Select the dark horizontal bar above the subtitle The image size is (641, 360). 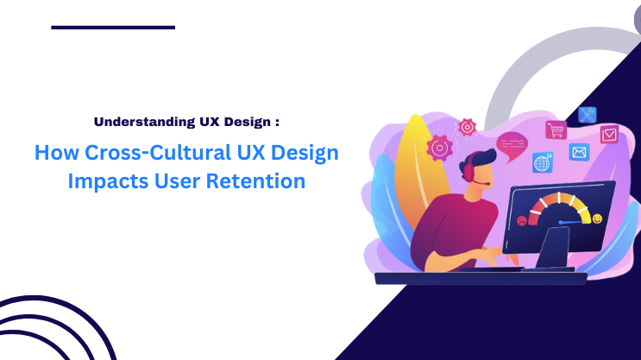tap(113, 28)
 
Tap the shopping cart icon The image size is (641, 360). tap(555, 130)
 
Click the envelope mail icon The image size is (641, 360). tap(579, 153)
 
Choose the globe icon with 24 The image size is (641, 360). tap(543, 161)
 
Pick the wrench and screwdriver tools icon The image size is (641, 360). tap(587, 114)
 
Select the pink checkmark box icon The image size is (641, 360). tap(609, 134)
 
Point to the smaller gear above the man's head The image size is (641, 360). tap(468, 127)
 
